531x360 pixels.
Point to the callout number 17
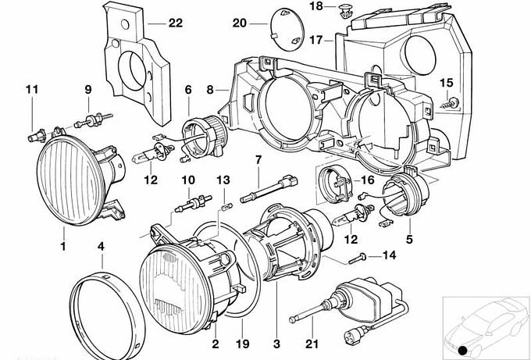(x=315, y=38)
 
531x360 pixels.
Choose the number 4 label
(x=100, y=247)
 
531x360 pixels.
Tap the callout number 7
(x=256, y=161)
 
